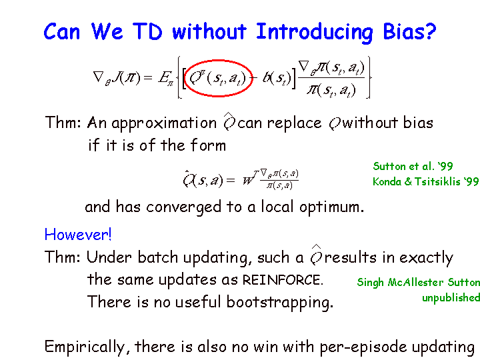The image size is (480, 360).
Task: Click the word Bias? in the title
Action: coord(409,32)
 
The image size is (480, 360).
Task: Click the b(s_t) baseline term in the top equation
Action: coord(277,79)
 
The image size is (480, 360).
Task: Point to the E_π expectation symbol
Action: coord(165,79)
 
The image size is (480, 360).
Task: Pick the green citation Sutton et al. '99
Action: coord(413,166)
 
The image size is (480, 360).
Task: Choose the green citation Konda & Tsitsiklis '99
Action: coord(425,181)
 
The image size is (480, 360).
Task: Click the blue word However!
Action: coord(78,235)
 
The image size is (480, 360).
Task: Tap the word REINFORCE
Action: coord(283,280)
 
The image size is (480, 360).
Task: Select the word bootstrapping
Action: coord(279,303)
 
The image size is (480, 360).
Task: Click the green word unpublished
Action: coord(451,297)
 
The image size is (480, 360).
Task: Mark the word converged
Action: coord(184,207)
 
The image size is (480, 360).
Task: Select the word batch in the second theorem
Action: coord(157,257)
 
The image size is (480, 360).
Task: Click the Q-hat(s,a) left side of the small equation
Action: coord(203,180)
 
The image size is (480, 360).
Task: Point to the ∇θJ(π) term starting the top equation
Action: coord(117,78)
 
